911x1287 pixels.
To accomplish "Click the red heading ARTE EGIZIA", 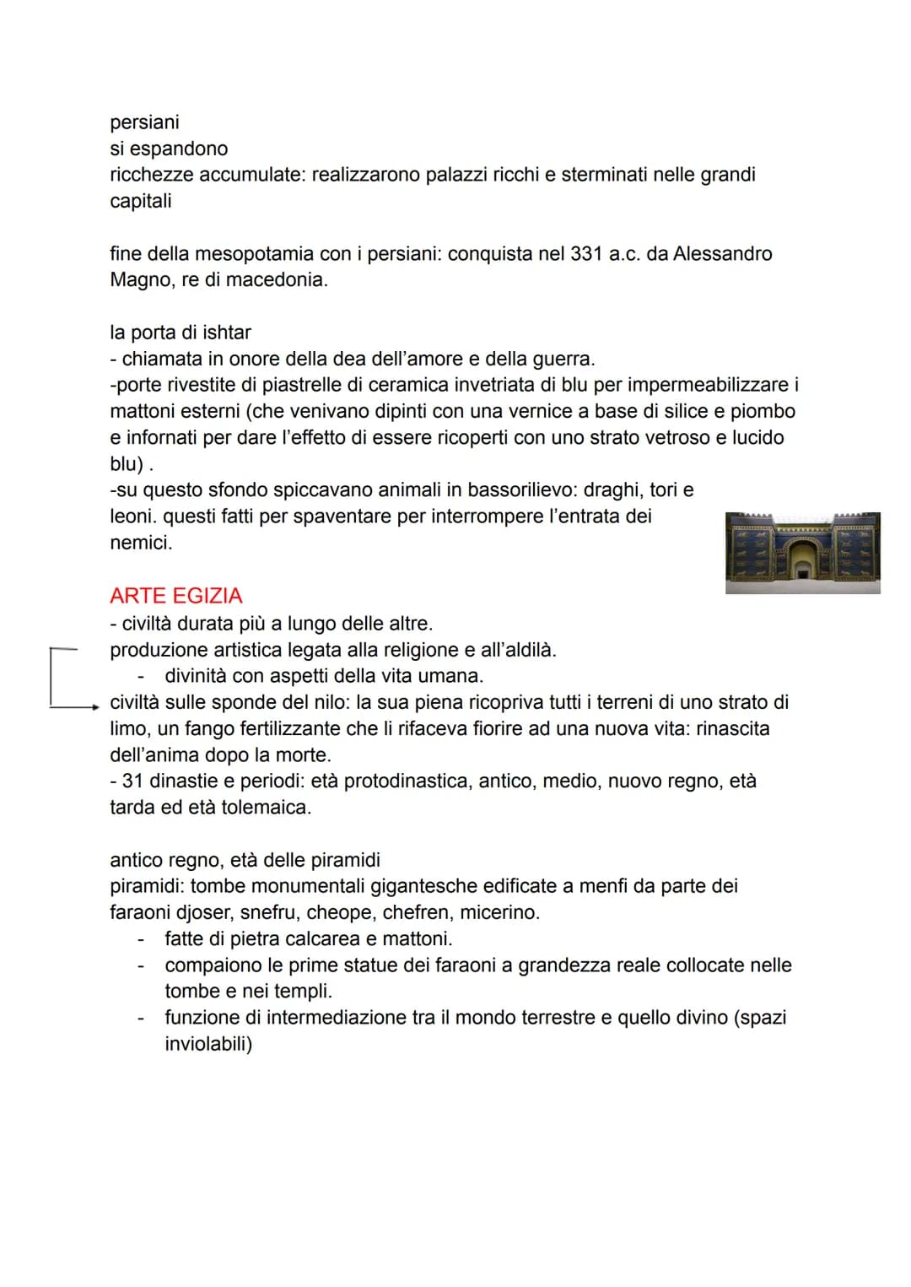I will pos(175,596).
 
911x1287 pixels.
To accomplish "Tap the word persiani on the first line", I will pos(144,122).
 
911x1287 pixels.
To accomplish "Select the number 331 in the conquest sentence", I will pos(585,254).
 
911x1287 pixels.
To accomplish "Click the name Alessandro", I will pos(722,254).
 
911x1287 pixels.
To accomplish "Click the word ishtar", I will pos(227,333).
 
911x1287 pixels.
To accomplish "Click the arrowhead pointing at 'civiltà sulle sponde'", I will pos(95,707).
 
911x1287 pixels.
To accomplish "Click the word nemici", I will pos(140,543).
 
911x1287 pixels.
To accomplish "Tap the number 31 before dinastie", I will pos(132,781).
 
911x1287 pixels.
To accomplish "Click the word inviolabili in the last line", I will pos(208,1044).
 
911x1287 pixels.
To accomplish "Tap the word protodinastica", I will pos(407,781).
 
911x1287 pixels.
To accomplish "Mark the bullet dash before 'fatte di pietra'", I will pos(142,938).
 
